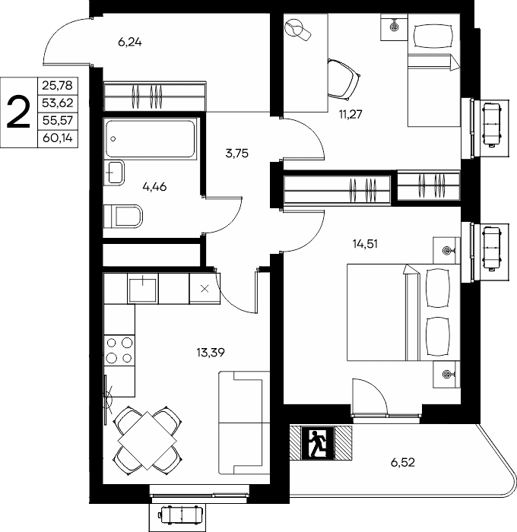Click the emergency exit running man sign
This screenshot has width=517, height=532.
click(x=318, y=443)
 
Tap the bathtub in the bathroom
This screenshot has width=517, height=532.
click(x=151, y=138)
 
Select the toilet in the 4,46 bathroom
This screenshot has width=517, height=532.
click(x=123, y=216)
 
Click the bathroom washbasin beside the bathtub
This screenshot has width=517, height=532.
click(x=114, y=173)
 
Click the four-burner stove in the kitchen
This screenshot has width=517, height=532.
click(x=119, y=350)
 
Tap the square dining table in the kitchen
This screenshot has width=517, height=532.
click(x=147, y=440)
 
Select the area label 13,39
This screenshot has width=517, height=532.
click(x=211, y=353)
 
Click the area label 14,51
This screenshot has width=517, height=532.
click(x=365, y=244)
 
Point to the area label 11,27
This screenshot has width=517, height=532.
click(x=350, y=114)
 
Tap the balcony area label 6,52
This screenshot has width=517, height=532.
click(x=403, y=462)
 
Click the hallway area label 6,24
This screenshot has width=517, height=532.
click(x=130, y=43)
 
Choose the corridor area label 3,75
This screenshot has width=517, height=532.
click(x=237, y=154)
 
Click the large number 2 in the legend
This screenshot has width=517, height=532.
click(x=19, y=112)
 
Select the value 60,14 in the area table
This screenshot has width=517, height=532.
click(x=58, y=138)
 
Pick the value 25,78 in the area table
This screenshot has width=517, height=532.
click(x=57, y=85)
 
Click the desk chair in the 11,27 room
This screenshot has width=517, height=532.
click(x=344, y=80)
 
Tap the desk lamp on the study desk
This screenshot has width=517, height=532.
click(x=298, y=30)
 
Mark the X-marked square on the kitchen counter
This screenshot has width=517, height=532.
click(x=205, y=289)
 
